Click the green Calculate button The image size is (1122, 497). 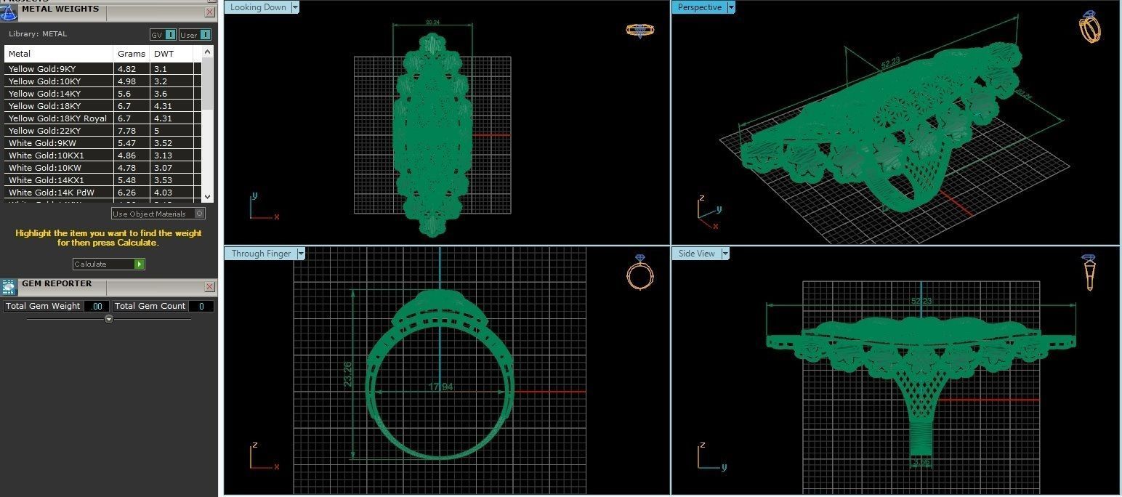140,264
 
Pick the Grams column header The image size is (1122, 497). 132,54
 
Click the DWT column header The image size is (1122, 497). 164,54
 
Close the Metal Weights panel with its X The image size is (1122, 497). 210,12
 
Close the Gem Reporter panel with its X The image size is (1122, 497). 210,287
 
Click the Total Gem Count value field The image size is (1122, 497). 201,306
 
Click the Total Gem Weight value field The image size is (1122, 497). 96,306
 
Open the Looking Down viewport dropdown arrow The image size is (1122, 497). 295,7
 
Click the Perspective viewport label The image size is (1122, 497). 699,7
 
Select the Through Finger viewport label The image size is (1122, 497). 261,254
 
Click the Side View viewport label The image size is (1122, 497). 696,254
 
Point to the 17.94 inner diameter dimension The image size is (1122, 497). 440,387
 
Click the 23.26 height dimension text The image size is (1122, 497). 347,374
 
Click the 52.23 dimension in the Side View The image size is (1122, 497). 921,301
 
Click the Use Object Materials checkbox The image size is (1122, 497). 200,214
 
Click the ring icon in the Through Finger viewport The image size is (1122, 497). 639,273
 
